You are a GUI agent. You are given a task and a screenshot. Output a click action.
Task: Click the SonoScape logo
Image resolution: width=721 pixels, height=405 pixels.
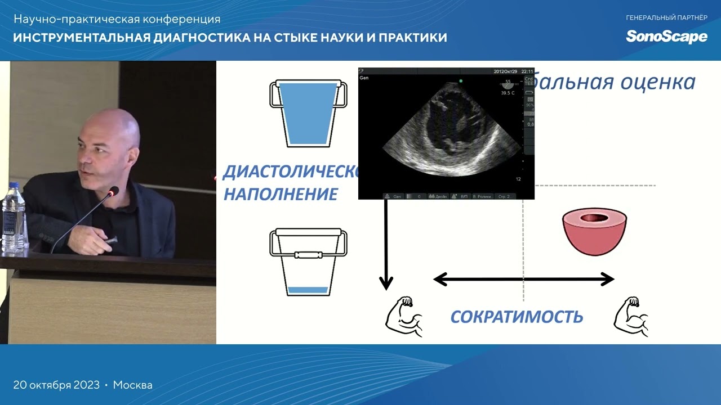(666, 37)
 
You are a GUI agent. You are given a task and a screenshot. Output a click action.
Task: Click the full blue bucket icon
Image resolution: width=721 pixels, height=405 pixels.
(308, 114)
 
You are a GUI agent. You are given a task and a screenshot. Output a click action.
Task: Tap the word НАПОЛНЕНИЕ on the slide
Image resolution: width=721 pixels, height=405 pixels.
(281, 195)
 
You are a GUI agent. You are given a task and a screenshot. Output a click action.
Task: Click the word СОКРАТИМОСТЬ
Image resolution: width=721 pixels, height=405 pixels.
(517, 317)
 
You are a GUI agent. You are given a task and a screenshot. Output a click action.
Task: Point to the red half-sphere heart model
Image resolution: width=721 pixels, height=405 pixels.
(594, 231)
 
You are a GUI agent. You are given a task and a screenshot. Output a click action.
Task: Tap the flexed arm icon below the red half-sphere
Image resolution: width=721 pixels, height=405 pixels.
(631, 318)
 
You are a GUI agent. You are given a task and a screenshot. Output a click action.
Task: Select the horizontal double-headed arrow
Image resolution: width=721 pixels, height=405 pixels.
(523, 279)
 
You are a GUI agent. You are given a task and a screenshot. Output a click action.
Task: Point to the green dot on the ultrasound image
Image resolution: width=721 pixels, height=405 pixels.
(460, 81)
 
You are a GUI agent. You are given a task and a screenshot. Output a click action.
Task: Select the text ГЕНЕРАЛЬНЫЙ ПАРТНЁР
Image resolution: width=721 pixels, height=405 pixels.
(666, 18)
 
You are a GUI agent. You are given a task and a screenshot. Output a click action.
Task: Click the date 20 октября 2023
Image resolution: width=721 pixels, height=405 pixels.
(56, 385)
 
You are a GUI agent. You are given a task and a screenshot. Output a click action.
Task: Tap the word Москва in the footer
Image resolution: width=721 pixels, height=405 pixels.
(132, 385)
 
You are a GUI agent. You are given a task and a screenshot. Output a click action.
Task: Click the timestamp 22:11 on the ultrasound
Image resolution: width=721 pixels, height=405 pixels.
(527, 71)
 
